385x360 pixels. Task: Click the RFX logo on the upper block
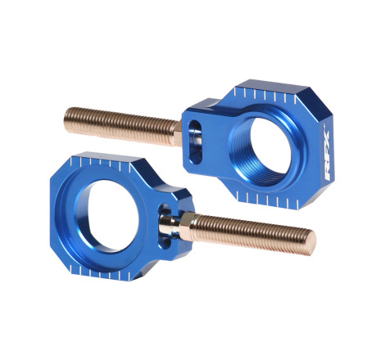328,155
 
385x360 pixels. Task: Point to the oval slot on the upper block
196,142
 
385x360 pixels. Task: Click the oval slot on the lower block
166,227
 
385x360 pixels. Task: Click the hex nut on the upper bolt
178,134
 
